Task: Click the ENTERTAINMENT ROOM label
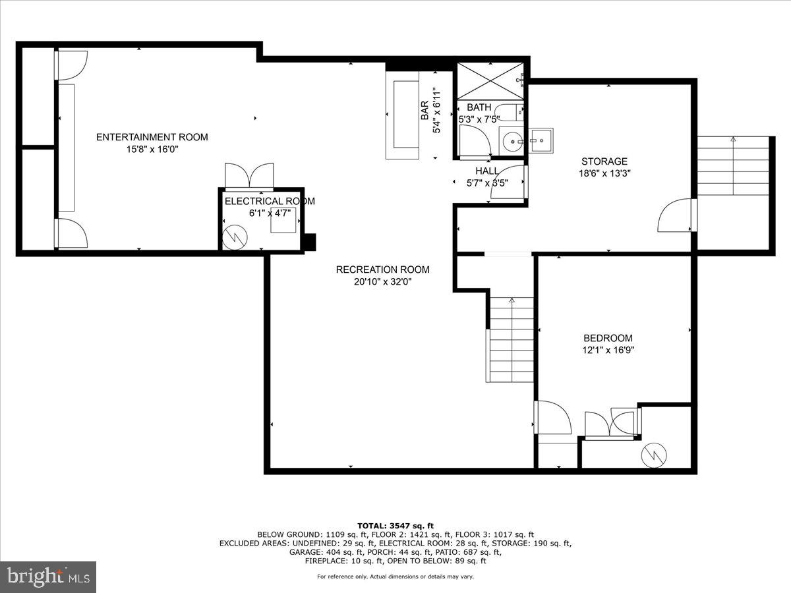point(152,137)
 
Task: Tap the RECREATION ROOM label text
point(382,269)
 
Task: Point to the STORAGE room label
point(604,161)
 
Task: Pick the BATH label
point(479,107)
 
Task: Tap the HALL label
point(487,171)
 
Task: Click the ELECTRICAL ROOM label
point(269,201)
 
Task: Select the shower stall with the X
point(490,81)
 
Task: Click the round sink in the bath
point(512,141)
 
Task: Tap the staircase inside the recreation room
point(511,339)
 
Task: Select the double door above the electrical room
point(249,176)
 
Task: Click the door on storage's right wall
point(676,215)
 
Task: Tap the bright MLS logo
point(48,577)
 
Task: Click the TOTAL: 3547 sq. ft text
point(395,525)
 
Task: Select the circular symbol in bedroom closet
point(654,453)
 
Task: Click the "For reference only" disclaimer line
point(395,577)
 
